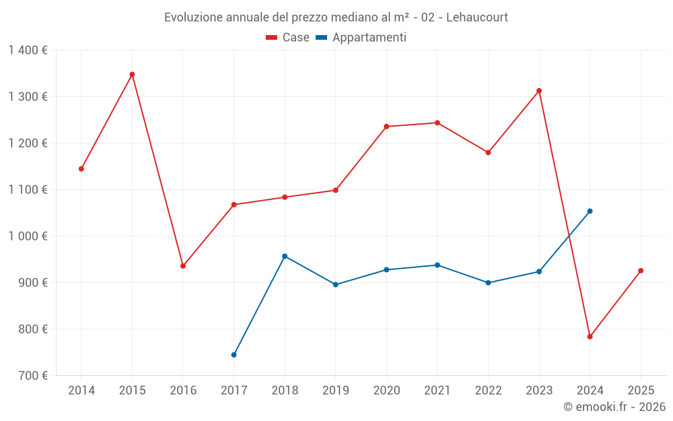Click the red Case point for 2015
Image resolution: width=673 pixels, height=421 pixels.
[132, 75]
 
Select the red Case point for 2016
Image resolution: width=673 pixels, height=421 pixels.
[183, 266]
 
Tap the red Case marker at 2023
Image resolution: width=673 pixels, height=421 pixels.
[539, 91]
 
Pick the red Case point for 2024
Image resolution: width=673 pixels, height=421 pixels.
[590, 337]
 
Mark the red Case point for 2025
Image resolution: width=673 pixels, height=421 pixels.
[641, 271]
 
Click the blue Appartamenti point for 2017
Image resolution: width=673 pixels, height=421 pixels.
[234, 355]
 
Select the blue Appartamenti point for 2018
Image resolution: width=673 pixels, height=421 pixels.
[285, 256]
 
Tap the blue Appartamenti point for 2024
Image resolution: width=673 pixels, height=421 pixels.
[590, 212]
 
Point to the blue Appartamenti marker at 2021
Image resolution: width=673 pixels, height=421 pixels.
[437, 265]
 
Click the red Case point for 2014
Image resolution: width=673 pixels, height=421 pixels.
[81, 169]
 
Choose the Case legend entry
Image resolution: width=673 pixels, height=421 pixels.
[288, 38]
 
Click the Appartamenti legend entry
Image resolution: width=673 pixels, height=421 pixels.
[361, 38]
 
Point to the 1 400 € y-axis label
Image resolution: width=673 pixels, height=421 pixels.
[28, 51]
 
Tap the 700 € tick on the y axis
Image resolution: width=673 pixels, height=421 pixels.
[33, 376]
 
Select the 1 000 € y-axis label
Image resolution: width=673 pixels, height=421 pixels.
[28, 236]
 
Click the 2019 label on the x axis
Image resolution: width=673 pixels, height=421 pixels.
[336, 391]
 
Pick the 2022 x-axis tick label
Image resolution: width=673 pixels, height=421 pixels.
[488, 391]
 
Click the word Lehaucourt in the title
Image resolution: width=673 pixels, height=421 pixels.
[474, 17]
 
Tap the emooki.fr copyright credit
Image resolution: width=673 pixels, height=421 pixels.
[614, 407]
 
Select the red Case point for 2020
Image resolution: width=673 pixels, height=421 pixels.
[386, 127]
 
